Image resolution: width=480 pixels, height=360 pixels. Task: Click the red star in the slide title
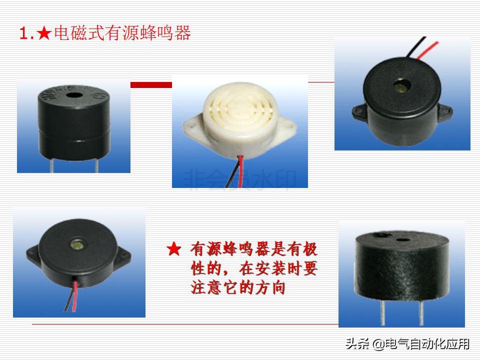coord(44,34)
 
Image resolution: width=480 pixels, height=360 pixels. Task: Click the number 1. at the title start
coord(26,34)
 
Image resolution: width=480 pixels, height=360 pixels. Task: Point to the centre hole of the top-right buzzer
coord(400,83)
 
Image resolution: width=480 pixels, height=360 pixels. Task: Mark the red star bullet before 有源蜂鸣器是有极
coord(173,249)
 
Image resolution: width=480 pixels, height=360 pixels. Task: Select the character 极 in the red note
coord(310,249)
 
